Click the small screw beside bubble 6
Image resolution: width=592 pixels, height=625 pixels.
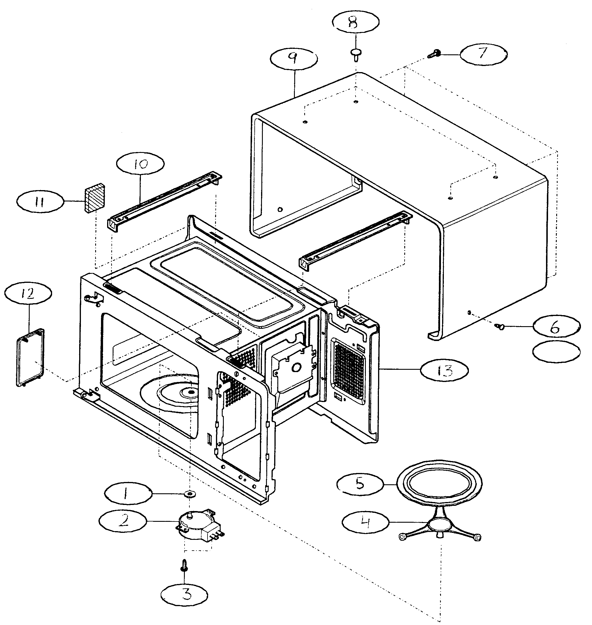click(499, 327)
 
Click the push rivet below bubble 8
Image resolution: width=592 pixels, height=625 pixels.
click(356, 53)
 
